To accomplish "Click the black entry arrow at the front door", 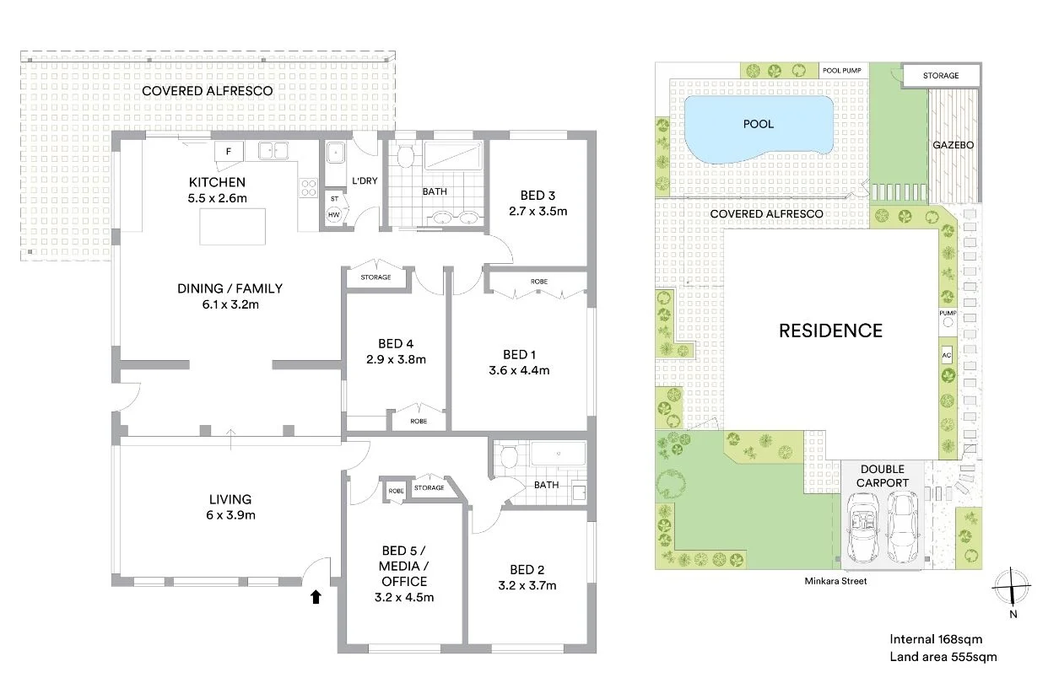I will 316,597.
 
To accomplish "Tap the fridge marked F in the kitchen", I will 229,152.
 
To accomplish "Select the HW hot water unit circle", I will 334,215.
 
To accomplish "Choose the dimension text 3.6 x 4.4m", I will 521,370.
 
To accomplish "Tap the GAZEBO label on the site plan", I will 953,145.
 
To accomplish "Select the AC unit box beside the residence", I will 946,354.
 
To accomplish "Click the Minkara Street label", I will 836,581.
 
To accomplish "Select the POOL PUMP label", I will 841,72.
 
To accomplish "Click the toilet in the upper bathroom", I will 405,156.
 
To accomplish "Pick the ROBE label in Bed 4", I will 419,421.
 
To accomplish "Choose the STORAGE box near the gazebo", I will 940,76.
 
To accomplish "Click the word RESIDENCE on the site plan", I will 829,331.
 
